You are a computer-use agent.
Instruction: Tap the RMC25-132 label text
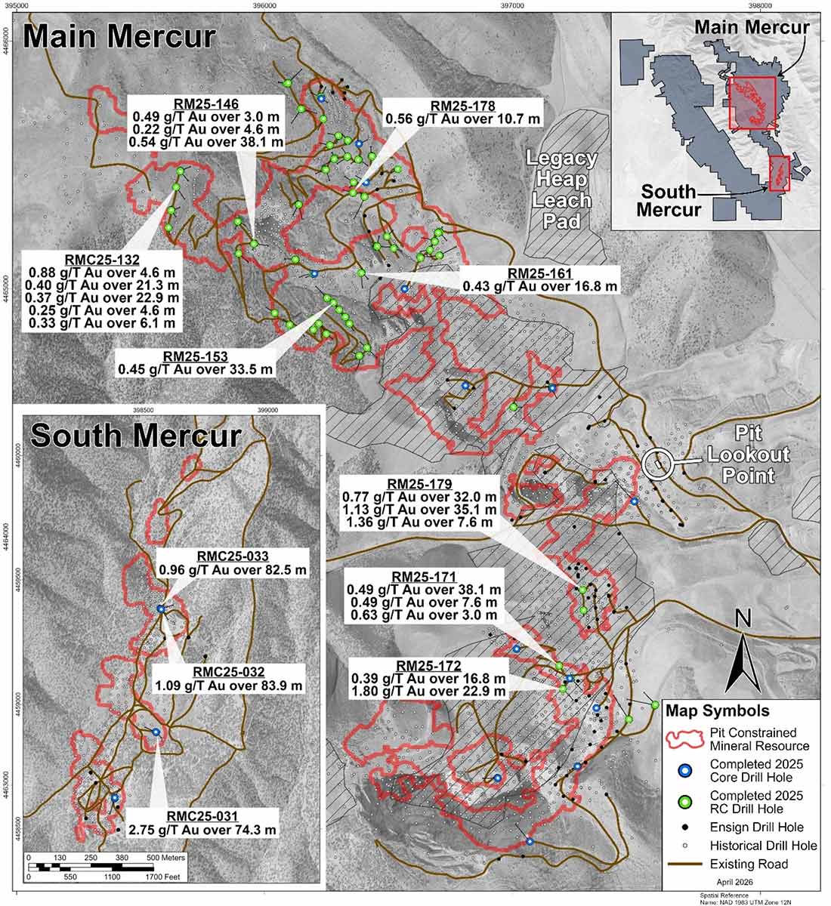click(102, 259)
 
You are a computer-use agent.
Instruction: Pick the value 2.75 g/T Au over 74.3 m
click(202, 830)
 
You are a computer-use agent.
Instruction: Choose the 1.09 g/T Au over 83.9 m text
click(228, 686)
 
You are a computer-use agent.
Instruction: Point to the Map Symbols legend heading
click(717, 711)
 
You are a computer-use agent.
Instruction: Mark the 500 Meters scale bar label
click(165, 858)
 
